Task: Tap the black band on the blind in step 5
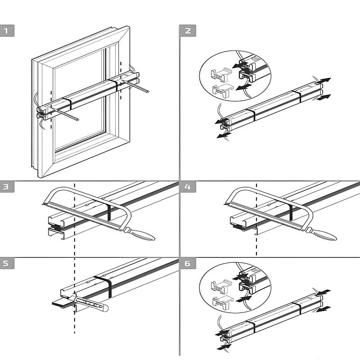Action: [104, 288]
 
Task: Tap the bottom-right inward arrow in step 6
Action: [324, 309]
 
